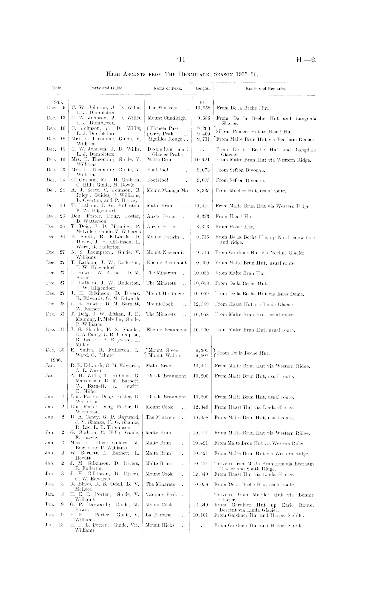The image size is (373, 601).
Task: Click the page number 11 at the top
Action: (x=182, y=60)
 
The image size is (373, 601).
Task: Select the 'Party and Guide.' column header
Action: (x=106, y=88)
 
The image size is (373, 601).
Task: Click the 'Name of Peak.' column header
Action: (x=167, y=88)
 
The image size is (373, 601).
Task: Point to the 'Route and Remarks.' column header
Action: (x=266, y=89)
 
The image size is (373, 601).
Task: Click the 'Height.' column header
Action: (x=202, y=88)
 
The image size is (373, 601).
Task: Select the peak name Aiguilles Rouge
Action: (x=163, y=139)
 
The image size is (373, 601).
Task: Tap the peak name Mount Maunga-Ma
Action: (x=167, y=191)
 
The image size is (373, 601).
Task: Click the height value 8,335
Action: (x=203, y=191)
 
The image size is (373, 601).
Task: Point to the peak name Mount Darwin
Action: (x=162, y=237)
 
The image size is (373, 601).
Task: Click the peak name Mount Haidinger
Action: (x=165, y=294)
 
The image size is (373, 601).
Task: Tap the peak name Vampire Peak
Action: (x=161, y=494)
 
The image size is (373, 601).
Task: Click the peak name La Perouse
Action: (x=158, y=515)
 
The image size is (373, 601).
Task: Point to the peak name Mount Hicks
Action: (x=160, y=525)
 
